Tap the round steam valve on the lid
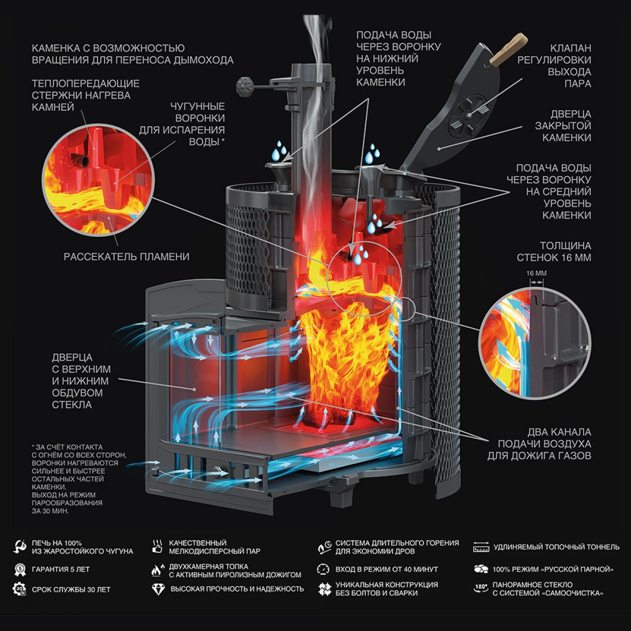tap(469, 115)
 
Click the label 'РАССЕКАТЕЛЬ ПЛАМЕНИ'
tap(126, 257)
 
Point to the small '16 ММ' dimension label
tap(536, 273)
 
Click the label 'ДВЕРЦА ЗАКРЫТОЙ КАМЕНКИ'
tap(563, 126)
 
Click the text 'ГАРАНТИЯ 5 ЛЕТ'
tap(61, 569)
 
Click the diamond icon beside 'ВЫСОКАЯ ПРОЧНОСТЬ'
tap(157, 589)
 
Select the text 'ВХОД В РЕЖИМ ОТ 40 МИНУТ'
tap(386, 569)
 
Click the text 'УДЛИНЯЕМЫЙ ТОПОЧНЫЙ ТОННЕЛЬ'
tap(556, 547)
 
